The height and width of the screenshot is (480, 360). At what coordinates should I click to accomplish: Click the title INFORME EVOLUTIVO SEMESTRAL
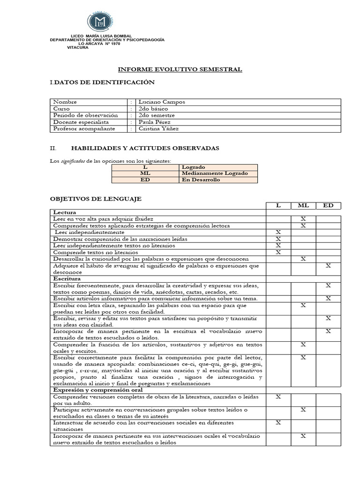pos(180,69)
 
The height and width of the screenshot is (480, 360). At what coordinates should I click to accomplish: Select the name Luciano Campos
pos(156,102)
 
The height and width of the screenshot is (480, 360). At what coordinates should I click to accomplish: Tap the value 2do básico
pos(153,109)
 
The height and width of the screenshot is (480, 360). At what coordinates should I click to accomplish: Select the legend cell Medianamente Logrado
pos(214,173)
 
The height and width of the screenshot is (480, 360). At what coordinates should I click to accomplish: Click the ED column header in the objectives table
pos(328,206)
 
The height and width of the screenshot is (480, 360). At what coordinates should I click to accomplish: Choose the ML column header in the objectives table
pos(303,206)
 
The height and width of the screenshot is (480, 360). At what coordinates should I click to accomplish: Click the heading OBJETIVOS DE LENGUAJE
pos(96,199)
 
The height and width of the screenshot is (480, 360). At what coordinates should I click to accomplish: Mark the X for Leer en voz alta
pos(303,219)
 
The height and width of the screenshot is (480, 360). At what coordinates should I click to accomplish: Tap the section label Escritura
pos(67,278)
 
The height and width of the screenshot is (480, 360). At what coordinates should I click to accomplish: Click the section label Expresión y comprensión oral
pos(97,390)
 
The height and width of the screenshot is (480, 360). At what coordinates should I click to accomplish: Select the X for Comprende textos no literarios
pos(278,252)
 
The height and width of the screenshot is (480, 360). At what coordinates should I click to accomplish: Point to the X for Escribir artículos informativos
pos(328,299)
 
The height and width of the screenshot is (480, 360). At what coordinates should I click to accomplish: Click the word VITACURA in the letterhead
pos(78,47)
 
